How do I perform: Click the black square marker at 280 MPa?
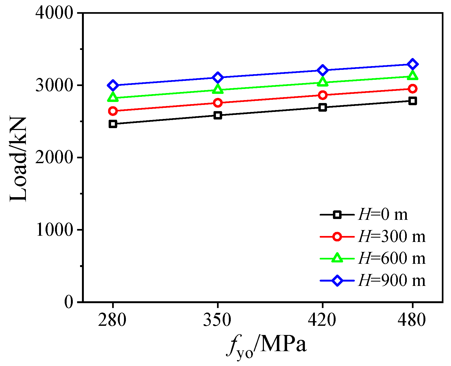point(113,124)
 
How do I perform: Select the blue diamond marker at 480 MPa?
point(412,64)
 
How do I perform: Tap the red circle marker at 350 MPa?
point(218,103)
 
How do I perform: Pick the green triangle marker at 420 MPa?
point(322,82)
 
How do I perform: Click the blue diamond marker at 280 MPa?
point(113,85)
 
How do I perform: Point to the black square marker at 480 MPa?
point(412,101)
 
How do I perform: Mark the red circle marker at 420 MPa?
point(322,95)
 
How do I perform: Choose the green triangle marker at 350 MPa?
point(218,90)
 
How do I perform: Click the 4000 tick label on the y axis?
point(54,13)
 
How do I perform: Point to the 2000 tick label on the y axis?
point(54,157)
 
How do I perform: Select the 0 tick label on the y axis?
point(69,302)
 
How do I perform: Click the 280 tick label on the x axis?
point(112,320)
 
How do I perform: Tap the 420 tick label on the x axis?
point(322,320)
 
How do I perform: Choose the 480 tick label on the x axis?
point(412,320)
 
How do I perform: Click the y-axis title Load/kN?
point(18,159)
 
